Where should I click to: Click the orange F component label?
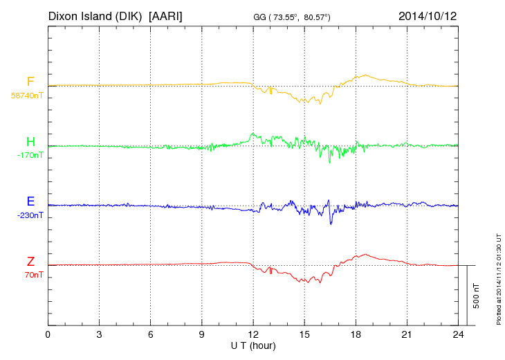[30, 82]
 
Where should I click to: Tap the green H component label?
[30, 143]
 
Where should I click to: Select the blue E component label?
[30, 202]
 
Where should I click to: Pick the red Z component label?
[30, 262]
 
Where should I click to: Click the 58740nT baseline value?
[26, 96]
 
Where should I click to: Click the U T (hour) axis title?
[253, 345]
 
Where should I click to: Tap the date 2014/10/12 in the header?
[427, 15]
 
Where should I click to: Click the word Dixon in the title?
[64, 15]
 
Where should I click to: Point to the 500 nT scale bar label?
[477, 296]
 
